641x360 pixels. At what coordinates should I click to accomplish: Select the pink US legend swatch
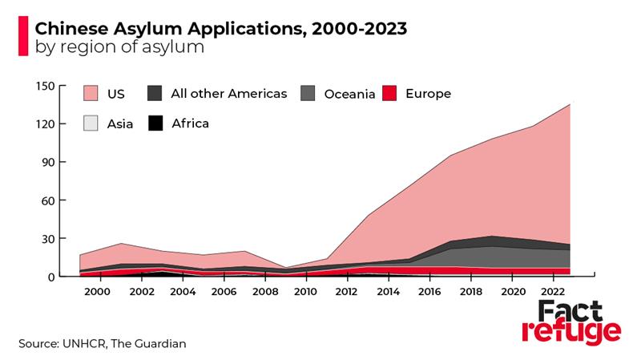(x=92, y=94)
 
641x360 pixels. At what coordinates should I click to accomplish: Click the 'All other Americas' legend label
(x=228, y=93)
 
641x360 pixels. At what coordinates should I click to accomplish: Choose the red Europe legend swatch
(x=390, y=94)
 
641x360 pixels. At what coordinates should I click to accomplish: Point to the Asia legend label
(x=121, y=123)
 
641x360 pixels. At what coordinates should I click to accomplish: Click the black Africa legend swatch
(x=155, y=123)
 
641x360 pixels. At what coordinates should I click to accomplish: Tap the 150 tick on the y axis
(x=44, y=86)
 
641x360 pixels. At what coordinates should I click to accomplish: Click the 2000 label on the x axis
(x=96, y=291)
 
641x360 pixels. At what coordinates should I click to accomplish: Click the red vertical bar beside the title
(x=22, y=37)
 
